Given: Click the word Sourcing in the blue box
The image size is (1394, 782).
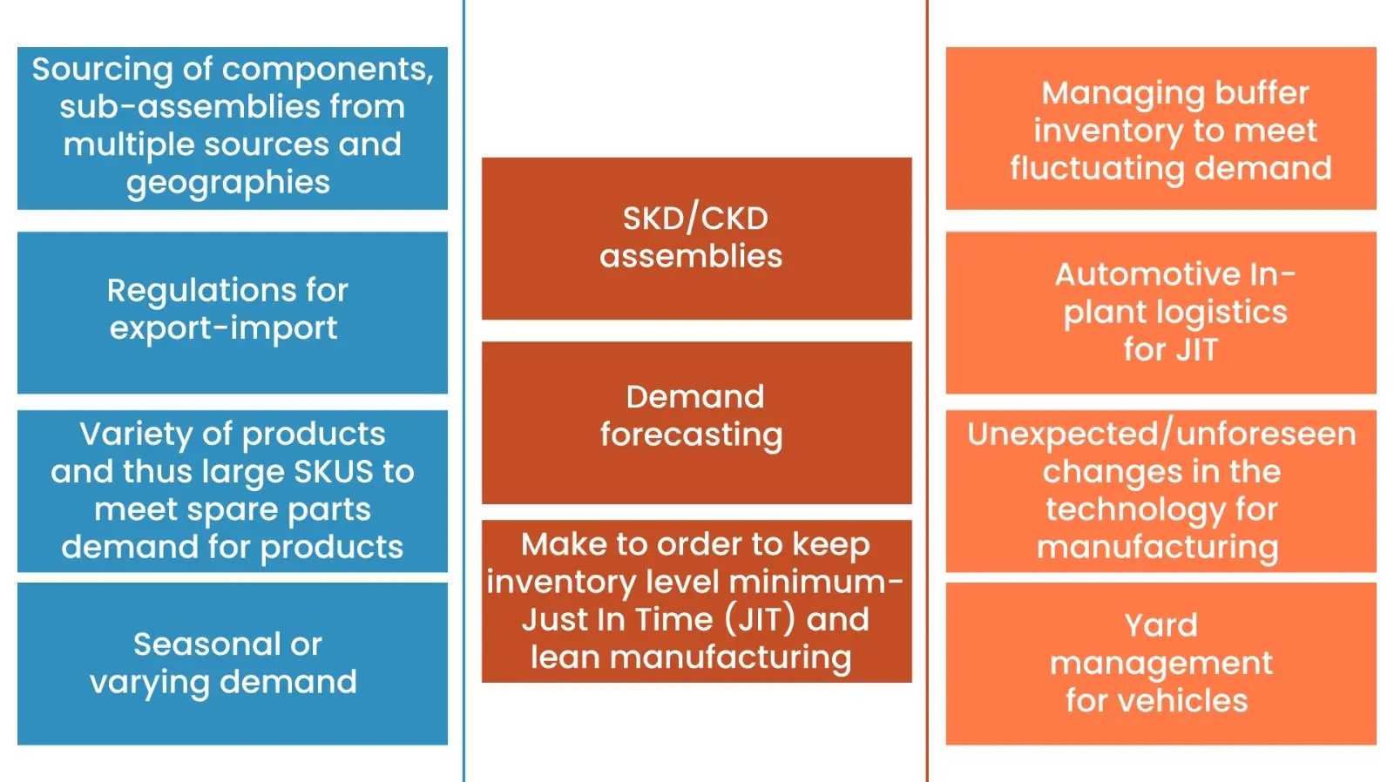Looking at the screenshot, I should tap(102, 70).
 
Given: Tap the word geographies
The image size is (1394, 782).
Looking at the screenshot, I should tap(228, 183).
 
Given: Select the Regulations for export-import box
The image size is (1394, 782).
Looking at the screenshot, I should tap(232, 312).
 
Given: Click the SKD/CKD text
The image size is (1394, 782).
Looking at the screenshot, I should tap(695, 219).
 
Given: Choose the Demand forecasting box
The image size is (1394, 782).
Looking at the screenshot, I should tap(696, 422).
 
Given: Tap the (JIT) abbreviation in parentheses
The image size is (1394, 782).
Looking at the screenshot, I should tap(760, 620).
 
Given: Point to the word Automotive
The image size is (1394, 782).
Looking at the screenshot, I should tap(1147, 275).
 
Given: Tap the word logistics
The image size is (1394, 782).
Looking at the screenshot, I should tap(1229, 313).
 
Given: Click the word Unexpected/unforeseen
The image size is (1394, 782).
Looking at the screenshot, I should tap(1161, 434).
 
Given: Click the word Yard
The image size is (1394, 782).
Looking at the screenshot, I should tap(1161, 625).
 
